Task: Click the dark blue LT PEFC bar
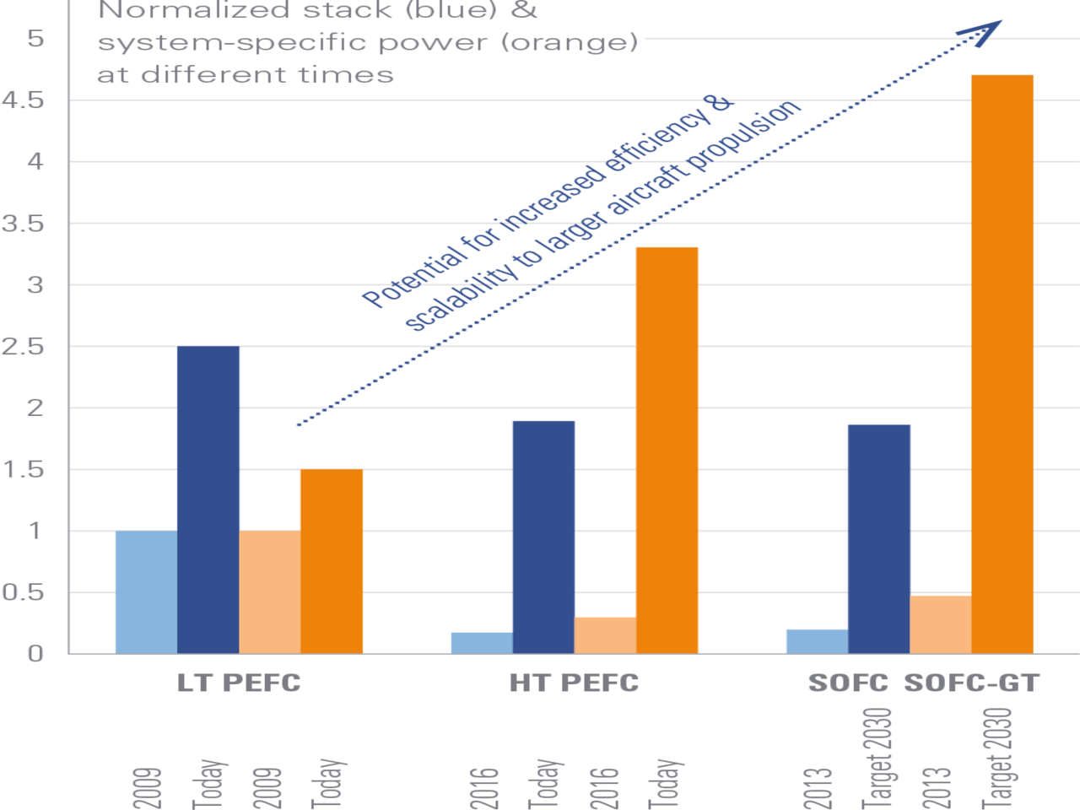[208, 499]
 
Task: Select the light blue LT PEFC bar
[146, 591]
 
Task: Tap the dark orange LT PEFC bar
[332, 561]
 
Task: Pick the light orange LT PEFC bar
[269, 591]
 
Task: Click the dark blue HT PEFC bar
[543, 537]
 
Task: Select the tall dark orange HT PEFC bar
[667, 450]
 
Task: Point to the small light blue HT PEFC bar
[481, 642]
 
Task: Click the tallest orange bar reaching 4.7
[1002, 364]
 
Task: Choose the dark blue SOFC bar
[878, 538]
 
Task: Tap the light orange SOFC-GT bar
[940, 624]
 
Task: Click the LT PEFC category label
[239, 683]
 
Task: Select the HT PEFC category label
[574, 683]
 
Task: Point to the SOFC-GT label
[972, 683]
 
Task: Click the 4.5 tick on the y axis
[23, 100]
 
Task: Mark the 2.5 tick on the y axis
[23, 347]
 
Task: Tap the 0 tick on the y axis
[35, 654]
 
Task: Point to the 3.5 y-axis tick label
[23, 224]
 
